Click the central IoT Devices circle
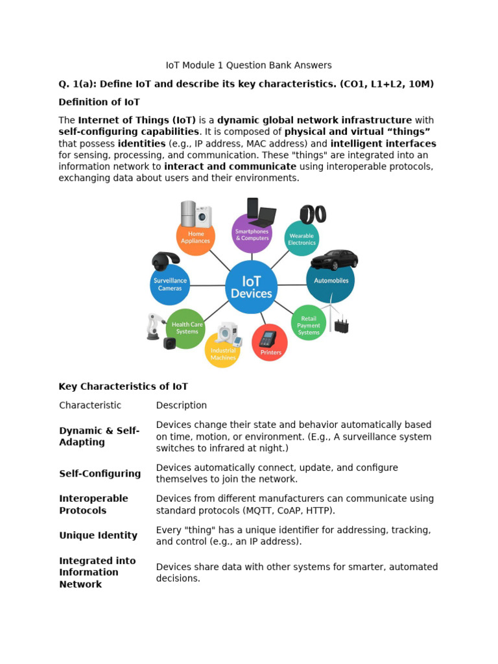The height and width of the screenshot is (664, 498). point(252,287)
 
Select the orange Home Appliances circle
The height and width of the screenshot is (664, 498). point(196,237)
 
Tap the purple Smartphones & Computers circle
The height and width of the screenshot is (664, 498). point(252,234)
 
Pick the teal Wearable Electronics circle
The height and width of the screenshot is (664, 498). point(302,239)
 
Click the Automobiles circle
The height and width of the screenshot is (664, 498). point(331,281)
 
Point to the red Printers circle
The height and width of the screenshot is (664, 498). point(270,343)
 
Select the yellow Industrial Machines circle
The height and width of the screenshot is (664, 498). point(223,351)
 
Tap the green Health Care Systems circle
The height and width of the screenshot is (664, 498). point(187,328)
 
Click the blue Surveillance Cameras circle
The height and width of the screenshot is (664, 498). point(170,285)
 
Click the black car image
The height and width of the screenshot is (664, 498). point(334,259)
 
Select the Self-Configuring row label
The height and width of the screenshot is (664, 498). point(100,473)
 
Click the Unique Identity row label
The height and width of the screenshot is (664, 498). point(98,536)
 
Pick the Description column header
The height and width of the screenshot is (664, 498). point(182,405)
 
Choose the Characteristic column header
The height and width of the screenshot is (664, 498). point(90,405)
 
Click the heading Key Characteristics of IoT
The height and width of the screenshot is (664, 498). point(123,386)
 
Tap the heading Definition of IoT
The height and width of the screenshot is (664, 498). point(99,102)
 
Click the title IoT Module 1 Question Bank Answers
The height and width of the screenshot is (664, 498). point(248,65)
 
